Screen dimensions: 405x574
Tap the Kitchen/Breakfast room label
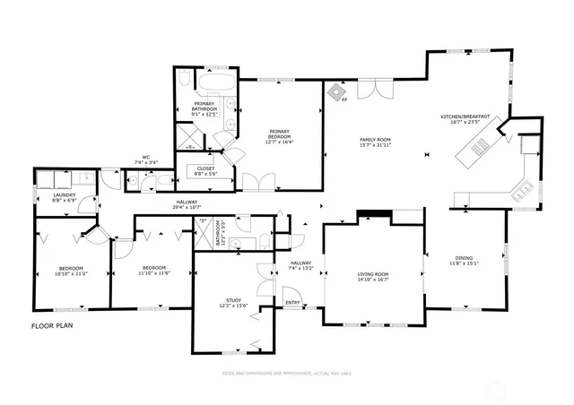(465, 116)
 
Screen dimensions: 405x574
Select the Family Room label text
(376, 141)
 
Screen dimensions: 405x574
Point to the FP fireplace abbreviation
(344, 100)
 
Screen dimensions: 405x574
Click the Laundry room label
(64, 194)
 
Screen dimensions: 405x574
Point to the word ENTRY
(292, 303)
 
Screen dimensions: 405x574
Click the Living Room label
(374, 273)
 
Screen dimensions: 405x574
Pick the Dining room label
(465, 259)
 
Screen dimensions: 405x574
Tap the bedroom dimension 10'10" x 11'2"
(72, 273)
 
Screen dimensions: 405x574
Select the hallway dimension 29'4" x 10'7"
(187, 208)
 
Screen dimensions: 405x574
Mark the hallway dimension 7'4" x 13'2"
(300, 268)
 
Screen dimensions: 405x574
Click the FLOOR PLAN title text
(52, 326)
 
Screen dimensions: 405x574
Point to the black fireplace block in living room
(372, 215)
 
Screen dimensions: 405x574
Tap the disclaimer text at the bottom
(287, 373)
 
